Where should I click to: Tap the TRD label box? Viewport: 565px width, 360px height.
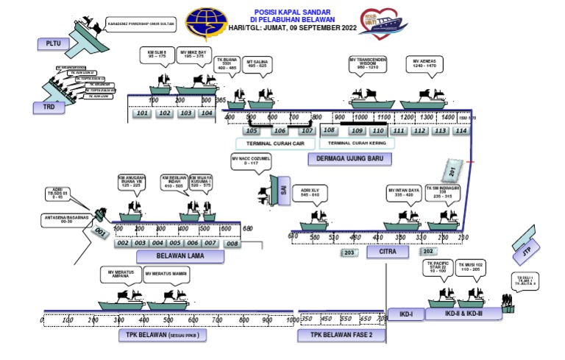[x=43, y=107]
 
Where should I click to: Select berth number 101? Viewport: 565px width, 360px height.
[x=143, y=113]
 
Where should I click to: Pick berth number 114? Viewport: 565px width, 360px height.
[x=461, y=131]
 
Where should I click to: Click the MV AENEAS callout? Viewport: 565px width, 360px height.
[x=425, y=66]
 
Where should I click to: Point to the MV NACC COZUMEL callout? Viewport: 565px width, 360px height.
[x=252, y=162]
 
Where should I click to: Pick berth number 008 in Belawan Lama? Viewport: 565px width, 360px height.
[x=232, y=243]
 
